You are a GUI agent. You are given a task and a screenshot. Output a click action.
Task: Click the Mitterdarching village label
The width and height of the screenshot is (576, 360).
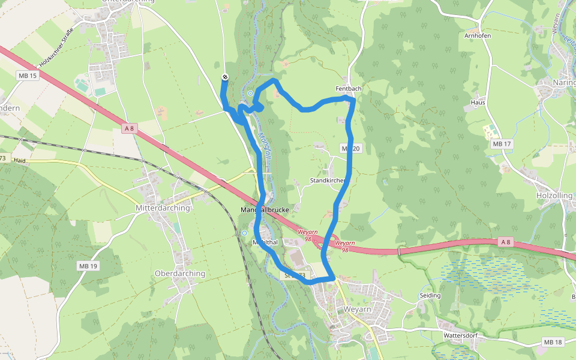point(159,208)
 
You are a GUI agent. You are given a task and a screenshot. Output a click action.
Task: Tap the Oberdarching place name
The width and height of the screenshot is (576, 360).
point(180,274)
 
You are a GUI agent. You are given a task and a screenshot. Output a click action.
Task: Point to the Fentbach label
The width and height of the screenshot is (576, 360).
point(349,89)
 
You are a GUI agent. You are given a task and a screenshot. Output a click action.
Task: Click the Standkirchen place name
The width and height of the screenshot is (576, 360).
point(327,181)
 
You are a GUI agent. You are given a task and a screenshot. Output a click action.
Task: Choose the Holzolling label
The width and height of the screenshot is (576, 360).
point(554,196)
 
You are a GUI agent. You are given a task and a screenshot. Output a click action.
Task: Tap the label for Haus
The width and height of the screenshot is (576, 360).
point(478,103)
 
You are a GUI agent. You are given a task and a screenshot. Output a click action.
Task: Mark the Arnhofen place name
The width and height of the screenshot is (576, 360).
point(478,35)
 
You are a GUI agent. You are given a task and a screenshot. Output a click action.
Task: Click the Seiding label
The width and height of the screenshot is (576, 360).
point(430,295)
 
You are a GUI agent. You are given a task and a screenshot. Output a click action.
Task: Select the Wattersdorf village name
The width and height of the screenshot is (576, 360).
point(460,335)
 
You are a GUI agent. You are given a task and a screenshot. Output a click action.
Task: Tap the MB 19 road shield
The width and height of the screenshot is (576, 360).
point(88,266)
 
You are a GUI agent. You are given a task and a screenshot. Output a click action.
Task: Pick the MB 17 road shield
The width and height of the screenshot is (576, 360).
point(501,144)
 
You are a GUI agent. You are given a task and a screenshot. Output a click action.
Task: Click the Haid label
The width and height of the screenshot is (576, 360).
point(20,161)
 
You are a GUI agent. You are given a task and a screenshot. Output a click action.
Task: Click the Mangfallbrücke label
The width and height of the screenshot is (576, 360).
point(265,211)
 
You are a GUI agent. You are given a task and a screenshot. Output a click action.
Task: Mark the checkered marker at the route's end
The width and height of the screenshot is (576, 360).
point(225,77)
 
